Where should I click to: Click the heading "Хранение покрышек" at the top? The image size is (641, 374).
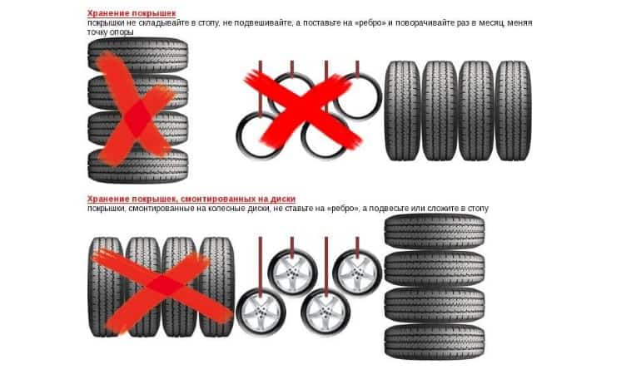click(132, 13)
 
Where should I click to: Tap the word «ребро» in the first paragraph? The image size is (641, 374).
click(370, 23)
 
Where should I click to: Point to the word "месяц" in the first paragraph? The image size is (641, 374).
click(490, 23)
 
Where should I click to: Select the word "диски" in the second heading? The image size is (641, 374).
click(282, 199)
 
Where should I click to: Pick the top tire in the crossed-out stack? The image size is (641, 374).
click(137, 55)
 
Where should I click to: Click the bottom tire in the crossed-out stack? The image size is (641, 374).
click(137, 165)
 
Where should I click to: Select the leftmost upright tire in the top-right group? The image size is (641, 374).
click(402, 111)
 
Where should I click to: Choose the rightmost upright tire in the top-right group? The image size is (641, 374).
click(513, 111)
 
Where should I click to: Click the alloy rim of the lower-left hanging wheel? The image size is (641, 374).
click(261, 312)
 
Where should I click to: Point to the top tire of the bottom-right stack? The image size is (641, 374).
click(435, 232)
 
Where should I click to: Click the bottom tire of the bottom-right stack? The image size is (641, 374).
click(435, 342)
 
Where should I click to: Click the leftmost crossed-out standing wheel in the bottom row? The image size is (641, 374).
click(106, 287)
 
